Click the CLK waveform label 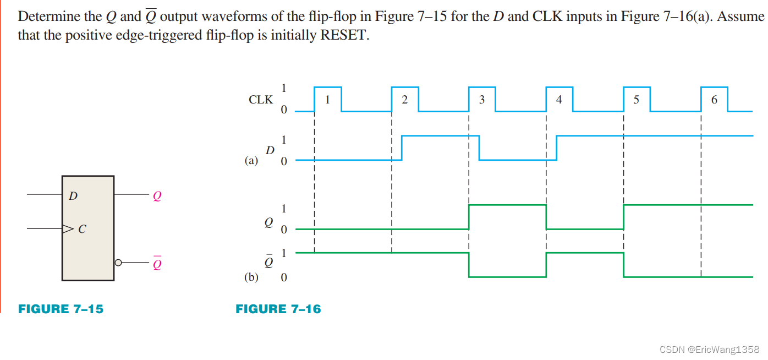tap(261, 100)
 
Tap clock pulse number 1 tap(327, 100)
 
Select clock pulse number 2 tap(405, 100)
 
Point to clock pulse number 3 tap(482, 100)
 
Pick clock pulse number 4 tap(559, 100)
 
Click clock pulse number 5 tap(637, 100)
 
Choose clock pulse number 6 tap(714, 100)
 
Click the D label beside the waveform tap(270, 150)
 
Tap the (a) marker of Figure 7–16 tap(251, 161)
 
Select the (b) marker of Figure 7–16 tap(251, 277)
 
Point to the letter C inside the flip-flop tap(82, 230)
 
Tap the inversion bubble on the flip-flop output tap(117, 263)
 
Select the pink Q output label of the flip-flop tap(157, 196)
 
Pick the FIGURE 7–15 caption tap(61, 309)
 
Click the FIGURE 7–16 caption tap(278, 309)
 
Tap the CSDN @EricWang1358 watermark tap(709, 349)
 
